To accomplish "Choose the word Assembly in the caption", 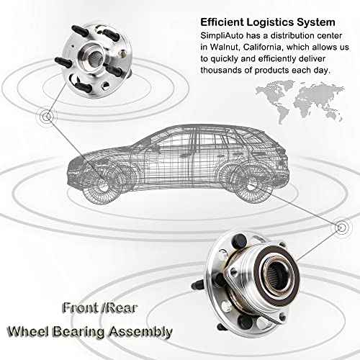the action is tap(140, 333).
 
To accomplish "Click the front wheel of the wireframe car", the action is tap(102, 186).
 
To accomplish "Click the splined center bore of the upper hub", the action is tap(95, 57).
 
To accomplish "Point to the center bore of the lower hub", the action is tap(279, 277).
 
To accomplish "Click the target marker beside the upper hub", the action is tap(48, 117).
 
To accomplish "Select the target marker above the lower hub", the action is tap(341, 227).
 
